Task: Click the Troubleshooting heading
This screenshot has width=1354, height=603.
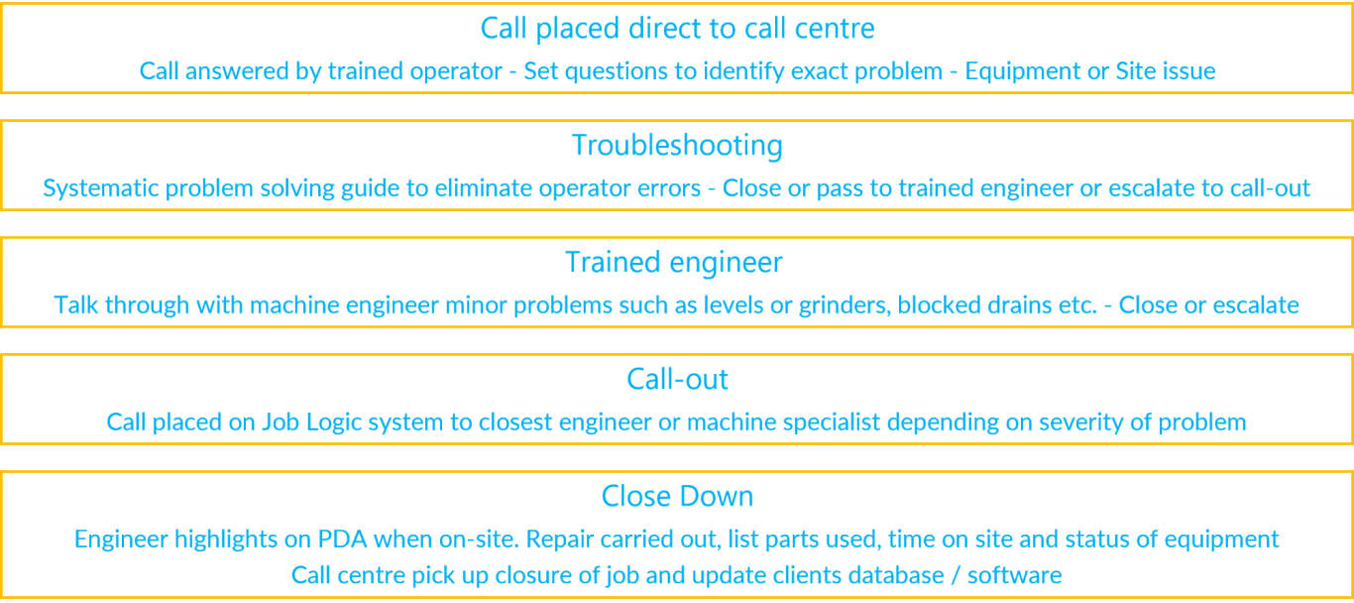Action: click(x=677, y=146)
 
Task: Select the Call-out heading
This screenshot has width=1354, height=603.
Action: click(x=677, y=379)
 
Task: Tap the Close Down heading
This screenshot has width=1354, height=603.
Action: click(x=677, y=496)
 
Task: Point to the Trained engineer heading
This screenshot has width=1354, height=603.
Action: click(x=673, y=263)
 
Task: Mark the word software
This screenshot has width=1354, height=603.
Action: click(x=1015, y=575)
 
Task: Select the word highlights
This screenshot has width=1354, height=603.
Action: click(x=225, y=540)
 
